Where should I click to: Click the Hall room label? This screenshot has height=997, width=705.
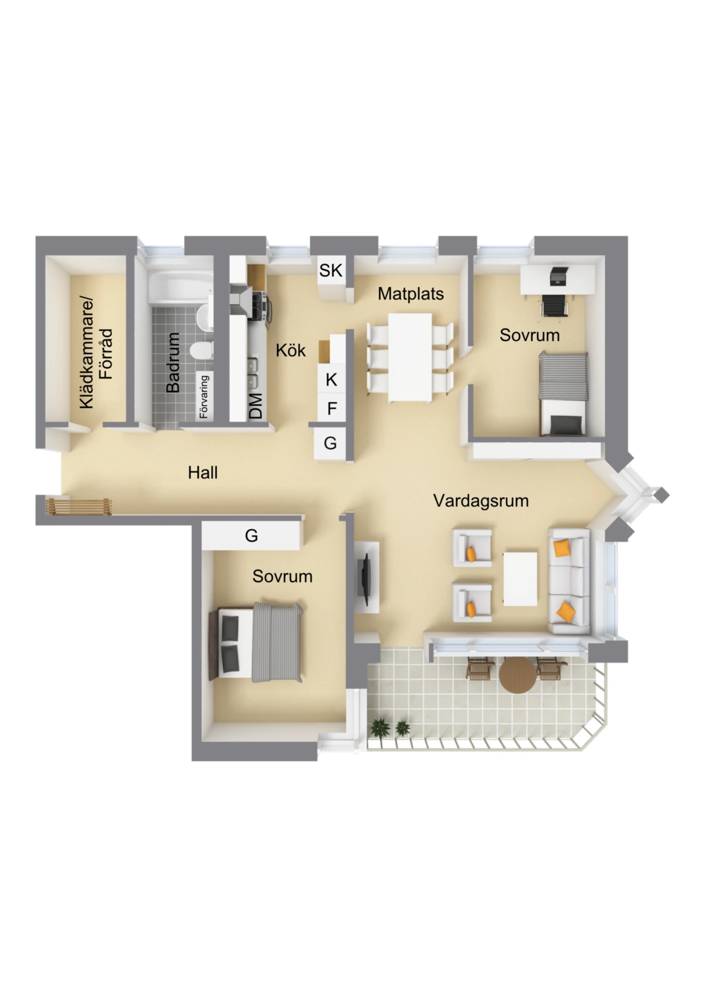click(203, 472)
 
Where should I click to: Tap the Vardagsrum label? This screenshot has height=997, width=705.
click(481, 501)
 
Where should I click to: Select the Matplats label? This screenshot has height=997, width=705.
click(411, 294)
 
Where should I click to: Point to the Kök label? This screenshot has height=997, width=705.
click(290, 350)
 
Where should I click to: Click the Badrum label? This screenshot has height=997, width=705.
click(173, 362)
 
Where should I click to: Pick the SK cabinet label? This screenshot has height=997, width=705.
click(331, 270)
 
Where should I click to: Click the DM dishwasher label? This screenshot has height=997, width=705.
click(256, 406)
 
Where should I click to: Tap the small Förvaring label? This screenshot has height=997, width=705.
click(204, 397)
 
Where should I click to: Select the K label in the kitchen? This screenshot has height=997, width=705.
click(331, 379)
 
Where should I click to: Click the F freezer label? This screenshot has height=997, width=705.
click(332, 409)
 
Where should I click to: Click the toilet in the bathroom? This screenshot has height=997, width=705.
click(201, 350)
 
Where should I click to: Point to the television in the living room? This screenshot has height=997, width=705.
click(365, 579)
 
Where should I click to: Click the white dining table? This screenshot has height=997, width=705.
click(410, 358)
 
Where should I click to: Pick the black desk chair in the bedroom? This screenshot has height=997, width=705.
click(555, 306)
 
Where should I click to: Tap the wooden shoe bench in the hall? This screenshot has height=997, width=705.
click(78, 507)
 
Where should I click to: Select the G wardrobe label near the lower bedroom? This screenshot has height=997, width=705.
click(251, 535)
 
